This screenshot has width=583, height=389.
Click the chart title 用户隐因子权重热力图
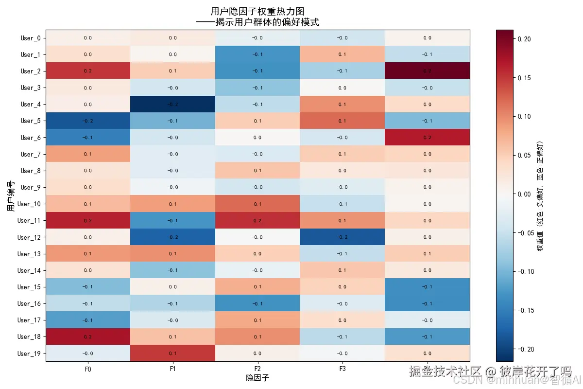[257, 11]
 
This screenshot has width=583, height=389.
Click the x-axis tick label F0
[88, 370]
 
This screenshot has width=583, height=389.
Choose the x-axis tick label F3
[343, 370]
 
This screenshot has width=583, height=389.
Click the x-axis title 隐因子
[257, 378]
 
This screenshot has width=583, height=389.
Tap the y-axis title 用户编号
[11, 195]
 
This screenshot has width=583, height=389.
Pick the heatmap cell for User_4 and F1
[173, 104]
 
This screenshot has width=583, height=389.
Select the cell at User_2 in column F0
[88, 71]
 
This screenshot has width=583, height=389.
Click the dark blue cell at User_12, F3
[343, 237]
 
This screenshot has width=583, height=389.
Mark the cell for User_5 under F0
[88, 121]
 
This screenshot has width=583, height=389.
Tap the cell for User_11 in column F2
[257, 220]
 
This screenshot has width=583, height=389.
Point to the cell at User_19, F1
[173, 353]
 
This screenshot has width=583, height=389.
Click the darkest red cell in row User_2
[427, 71]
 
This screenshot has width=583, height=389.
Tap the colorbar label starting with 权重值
[540, 195]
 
